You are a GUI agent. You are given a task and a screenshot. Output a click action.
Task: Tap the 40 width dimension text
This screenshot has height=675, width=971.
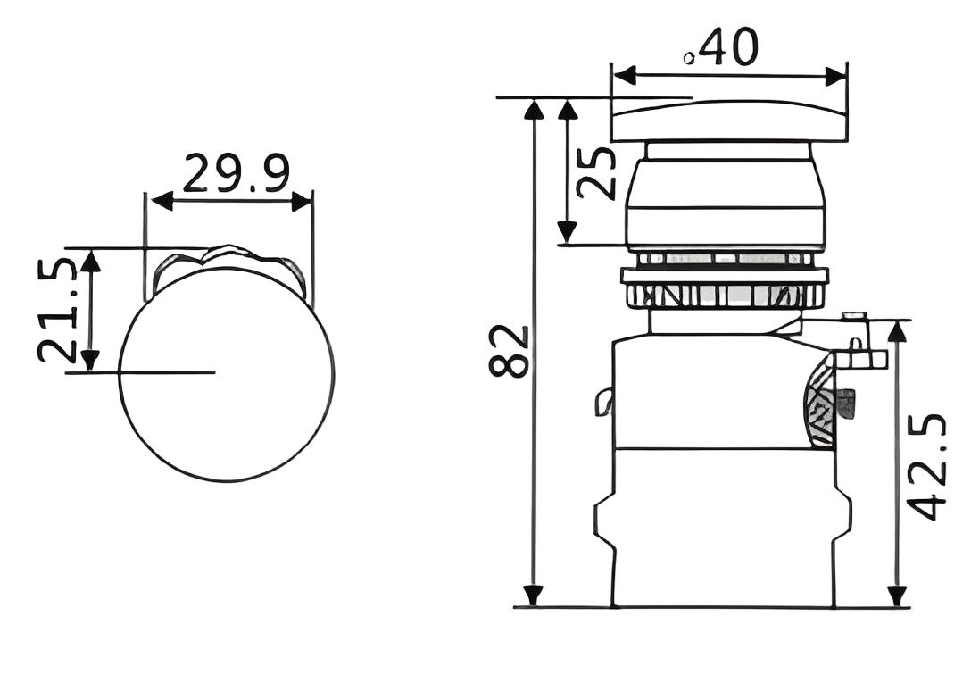click(725, 46)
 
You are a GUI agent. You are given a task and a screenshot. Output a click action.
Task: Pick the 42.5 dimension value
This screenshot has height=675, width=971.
click(929, 464)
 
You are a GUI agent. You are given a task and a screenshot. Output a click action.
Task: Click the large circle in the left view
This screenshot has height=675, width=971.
click(228, 373)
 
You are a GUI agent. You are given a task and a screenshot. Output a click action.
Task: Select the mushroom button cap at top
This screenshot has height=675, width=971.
click(729, 121)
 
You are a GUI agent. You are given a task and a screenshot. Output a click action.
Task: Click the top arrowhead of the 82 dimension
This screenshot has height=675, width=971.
click(534, 108)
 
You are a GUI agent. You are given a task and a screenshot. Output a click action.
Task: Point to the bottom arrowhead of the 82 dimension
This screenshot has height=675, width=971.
click(534, 595)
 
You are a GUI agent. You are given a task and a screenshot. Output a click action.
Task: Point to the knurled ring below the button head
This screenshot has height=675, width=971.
click(727, 295)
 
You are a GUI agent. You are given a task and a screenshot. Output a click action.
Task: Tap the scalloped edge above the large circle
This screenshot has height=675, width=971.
click(228, 259)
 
